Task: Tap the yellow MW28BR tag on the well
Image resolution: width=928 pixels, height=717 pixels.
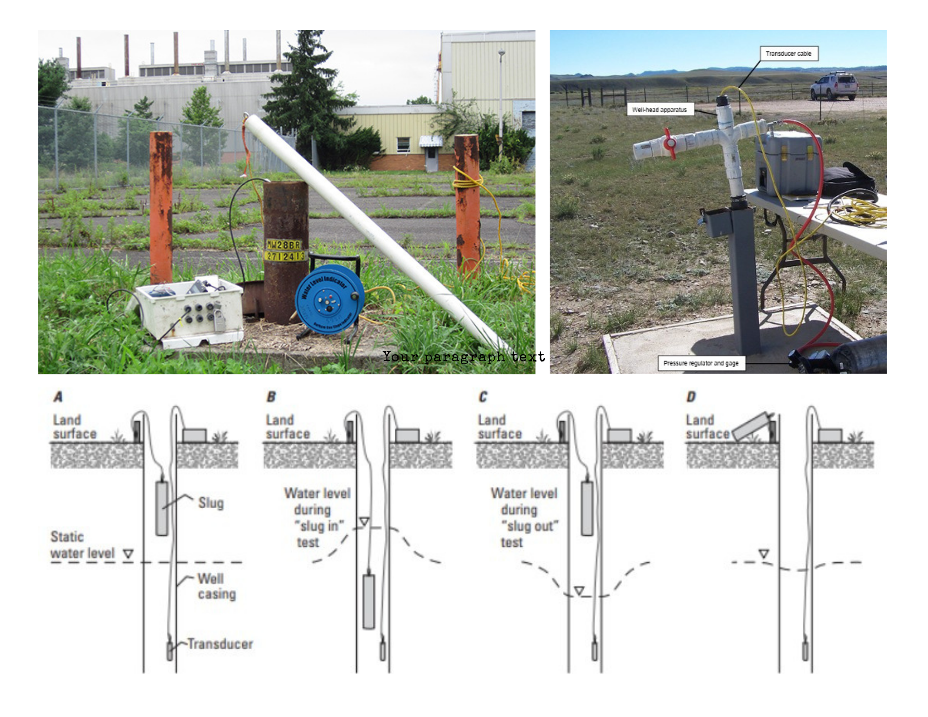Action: pyautogui.click(x=283, y=245)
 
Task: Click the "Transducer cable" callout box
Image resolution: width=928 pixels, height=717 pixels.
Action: pyautogui.click(x=788, y=54)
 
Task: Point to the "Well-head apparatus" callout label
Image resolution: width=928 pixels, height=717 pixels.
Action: pyautogui.click(x=659, y=110)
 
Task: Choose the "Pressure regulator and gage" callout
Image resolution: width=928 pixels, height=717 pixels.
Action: pyautogui.click(x=701, y=363)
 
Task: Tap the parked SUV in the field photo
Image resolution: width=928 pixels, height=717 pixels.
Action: pyautogui.click(x=834, y=86)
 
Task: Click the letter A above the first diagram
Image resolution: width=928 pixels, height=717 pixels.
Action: pyautogui.click(x=58, y=397)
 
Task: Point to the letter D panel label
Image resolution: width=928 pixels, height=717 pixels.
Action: pyautogui.click(x=691, y=397)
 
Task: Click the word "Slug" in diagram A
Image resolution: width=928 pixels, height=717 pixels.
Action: pyautogui.click(x=211, y=503)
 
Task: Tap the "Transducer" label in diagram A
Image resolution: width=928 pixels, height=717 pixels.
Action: pyautogui.click(x=220, y=644)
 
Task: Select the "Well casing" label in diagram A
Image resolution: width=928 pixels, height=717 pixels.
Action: pyautogui.click(x=216, y=586)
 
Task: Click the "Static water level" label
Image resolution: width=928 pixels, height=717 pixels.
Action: pyautogui.click(x=82, y=545)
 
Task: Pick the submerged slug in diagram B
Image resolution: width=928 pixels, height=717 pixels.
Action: pyautogui.click(x=368, y=601)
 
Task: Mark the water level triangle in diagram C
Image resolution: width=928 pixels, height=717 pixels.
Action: pyautogui.click(x=579, y=590)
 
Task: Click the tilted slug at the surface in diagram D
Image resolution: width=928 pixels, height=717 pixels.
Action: pyautogui.click(x=750, y=426)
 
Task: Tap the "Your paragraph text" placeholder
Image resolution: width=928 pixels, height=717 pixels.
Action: pyautogui.click(x=463, y=356)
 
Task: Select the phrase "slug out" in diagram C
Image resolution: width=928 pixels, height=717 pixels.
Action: pyautogui.click(x=529, y=526)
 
